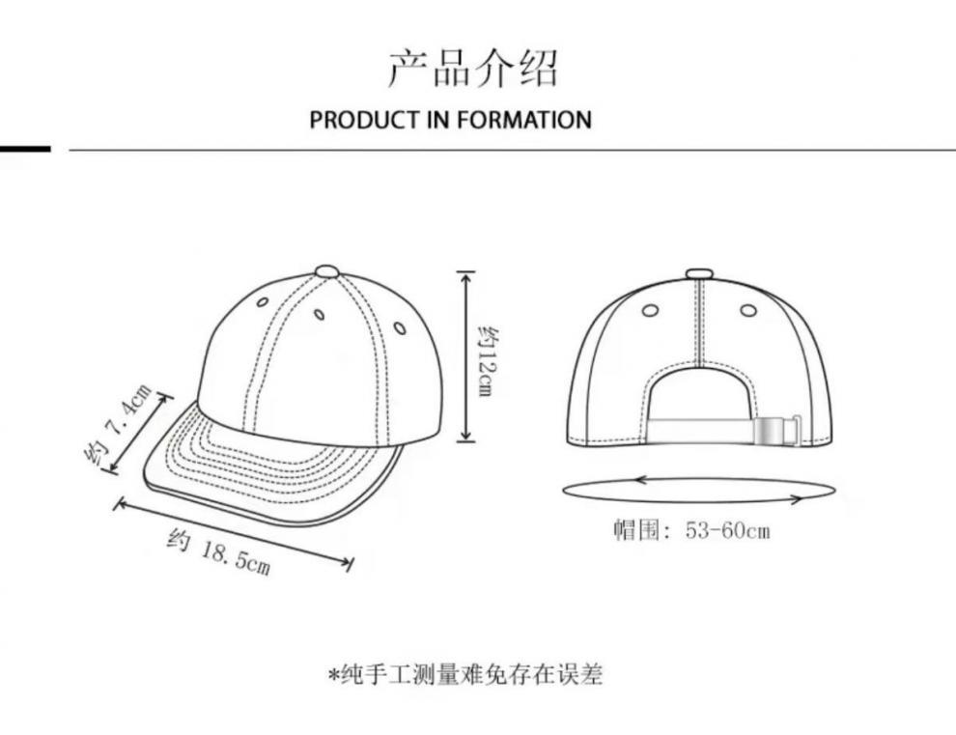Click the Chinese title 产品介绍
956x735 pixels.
click(x=473, y=68)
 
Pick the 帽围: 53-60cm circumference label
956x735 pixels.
click(x=691, y=530)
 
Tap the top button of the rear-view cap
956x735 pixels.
click(x=699, y=274)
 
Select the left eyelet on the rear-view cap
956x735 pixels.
click(x=650, y=310)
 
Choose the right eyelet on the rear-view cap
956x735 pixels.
click(x=748, y=310)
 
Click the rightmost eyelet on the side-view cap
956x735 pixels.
click(x=400, y=328)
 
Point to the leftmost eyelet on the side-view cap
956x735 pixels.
click(x=262, y=302)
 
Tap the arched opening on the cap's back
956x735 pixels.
click(x=700, y=396)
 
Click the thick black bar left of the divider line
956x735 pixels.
click(x=24, y=149)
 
